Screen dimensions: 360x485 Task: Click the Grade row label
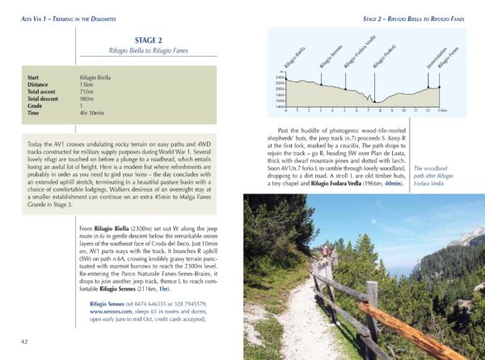pos(36,106)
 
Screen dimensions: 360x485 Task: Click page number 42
pos(25,341)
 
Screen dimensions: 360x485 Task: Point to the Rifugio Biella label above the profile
pos(295,59)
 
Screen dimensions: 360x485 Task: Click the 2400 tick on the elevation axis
pos(279,77)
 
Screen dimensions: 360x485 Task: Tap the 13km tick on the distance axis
pos(441,110)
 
